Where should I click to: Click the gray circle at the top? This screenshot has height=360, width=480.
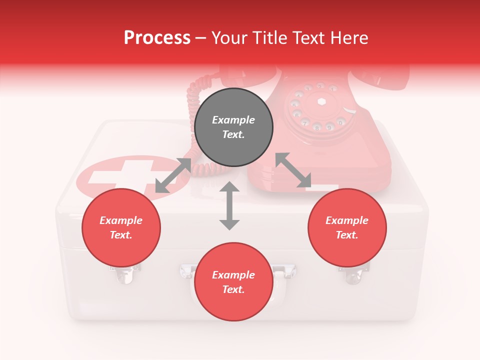[233, 127]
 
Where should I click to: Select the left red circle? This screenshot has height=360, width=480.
[121, 227]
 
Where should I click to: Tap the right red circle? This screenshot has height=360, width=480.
[347, 227]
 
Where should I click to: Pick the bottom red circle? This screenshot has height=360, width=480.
[233, 282]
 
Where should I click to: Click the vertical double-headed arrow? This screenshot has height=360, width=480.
[229, 205]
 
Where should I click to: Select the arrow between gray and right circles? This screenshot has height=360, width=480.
[293, 170]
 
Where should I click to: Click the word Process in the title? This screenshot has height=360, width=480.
[157, 37]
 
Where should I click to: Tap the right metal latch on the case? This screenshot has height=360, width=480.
[353, 273]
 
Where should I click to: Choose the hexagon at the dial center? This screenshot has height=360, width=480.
[321, 101]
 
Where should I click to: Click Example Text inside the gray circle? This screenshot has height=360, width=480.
[233, 127]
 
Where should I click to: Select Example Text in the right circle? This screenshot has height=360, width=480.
[347, 227]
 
